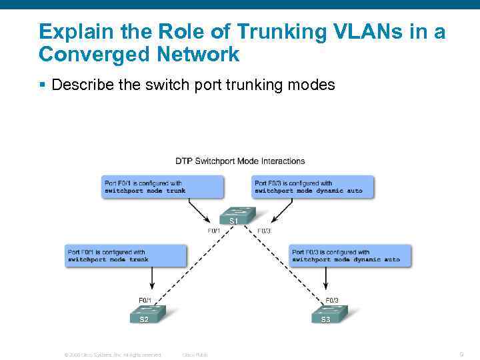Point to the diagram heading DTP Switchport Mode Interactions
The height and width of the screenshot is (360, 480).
240,161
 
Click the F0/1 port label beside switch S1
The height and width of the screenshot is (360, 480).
214,231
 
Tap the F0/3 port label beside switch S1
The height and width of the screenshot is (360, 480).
264,231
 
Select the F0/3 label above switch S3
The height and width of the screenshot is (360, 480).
331,300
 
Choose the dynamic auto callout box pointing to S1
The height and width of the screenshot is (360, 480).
313,187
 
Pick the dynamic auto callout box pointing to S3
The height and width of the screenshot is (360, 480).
350,256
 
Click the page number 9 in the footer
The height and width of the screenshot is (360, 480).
461,354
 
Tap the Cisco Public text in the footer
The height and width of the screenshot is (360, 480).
195,355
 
